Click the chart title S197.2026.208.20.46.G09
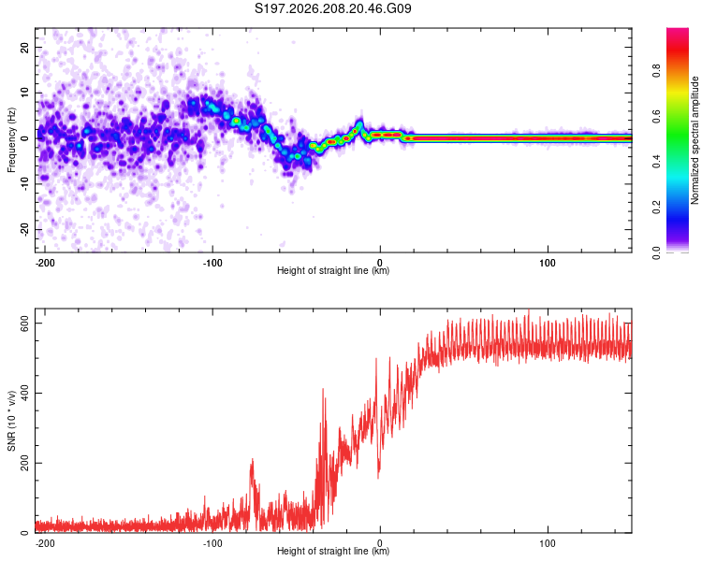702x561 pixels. pos(332,8)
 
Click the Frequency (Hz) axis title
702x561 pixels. pos(11,140)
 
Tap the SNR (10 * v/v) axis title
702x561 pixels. pos(11,421)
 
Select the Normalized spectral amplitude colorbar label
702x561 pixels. pos(695,140)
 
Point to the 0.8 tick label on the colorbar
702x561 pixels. pos(656,71)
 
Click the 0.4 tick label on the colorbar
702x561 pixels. pos(656,162)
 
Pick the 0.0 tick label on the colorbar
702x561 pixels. pos(656,252)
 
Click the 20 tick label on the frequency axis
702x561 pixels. pos(25,47)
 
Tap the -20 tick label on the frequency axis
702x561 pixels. pos(25,230)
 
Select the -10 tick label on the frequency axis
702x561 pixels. pos(25,184)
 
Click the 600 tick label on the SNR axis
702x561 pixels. pos(25,323)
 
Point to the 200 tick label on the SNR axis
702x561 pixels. pos(25,463)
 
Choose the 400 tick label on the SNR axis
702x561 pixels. pos(25,394)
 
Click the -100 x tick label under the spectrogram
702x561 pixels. pos(212,263)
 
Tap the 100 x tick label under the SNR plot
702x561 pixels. pos(548,543)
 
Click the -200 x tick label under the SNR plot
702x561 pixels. pos(45,543)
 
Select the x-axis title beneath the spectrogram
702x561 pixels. pos(333,270)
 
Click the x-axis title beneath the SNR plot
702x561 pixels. pos(333,551)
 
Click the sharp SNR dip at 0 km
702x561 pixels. pos(379,474)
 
